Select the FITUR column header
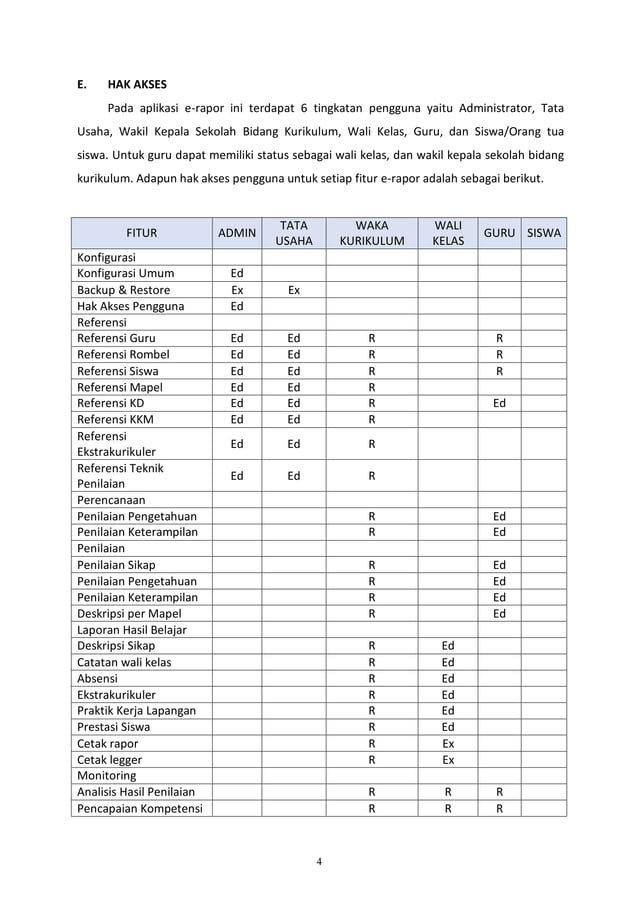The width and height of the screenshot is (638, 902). [141, 233]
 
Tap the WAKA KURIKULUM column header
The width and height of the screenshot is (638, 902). [371, 233]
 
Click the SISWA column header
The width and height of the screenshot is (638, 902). [543, 233]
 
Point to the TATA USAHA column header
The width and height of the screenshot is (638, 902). [293, 233]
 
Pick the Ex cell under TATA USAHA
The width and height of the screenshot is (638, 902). [293, 290]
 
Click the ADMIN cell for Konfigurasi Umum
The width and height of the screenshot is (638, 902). [237, 273]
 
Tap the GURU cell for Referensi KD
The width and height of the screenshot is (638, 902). [499, 403]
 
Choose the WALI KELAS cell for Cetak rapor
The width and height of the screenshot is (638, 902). [448, 743]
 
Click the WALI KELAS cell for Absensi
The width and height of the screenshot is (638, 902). [448, 677]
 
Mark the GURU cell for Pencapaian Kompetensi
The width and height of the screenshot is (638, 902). [499, 808]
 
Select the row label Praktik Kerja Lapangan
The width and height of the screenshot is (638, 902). [137, 710]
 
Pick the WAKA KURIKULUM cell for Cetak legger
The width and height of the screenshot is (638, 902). [371, 759]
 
